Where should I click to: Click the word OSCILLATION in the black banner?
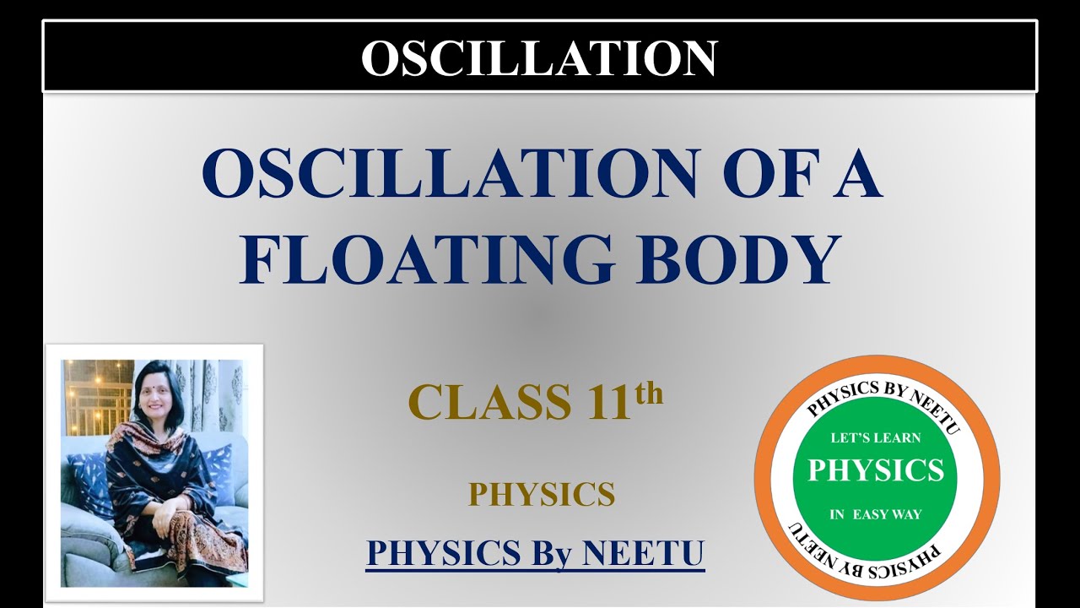[x=539, y=57]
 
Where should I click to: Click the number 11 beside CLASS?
[x=606, y=402]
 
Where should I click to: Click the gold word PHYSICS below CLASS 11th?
[x=542, y=495]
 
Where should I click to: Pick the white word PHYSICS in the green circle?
[x=876, y=470]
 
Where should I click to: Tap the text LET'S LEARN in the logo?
[x=876, y=437]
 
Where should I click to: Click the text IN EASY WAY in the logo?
[x=876, y=514]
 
